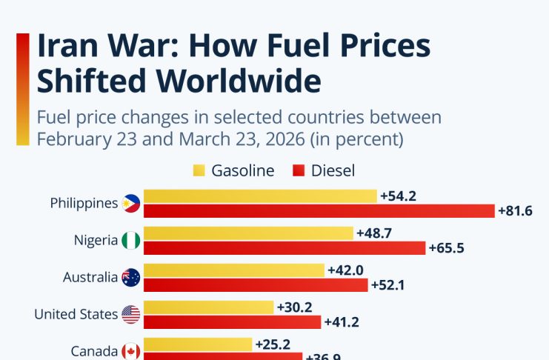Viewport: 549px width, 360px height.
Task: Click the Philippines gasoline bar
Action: coord(260,196)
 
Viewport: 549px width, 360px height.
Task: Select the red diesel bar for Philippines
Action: coord(319,211)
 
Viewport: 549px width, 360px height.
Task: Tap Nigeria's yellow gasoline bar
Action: coord(248,233)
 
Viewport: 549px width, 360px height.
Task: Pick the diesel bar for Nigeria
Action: coord(285,248)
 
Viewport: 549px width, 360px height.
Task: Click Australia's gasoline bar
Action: coord(234,270)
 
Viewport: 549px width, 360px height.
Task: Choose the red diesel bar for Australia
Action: coord(256,285)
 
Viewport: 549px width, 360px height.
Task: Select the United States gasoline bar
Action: coord(208,307)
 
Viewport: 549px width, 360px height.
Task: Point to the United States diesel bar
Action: coord(232,322)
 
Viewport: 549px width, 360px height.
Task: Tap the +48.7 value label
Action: coord(373,233)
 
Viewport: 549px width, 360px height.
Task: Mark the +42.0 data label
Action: coord(345,270)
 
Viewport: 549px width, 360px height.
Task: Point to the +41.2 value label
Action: coord(342,322)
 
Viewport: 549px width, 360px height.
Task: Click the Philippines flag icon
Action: coord(131,203)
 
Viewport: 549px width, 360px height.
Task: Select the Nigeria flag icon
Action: coord(131,240)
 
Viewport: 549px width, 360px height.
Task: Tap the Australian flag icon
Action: coord(131,277)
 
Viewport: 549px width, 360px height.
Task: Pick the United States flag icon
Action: coord(131,314)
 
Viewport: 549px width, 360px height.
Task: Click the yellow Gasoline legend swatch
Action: coord(199,171)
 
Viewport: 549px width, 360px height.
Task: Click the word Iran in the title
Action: coord(70,46)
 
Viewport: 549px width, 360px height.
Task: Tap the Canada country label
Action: coord(94,351)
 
